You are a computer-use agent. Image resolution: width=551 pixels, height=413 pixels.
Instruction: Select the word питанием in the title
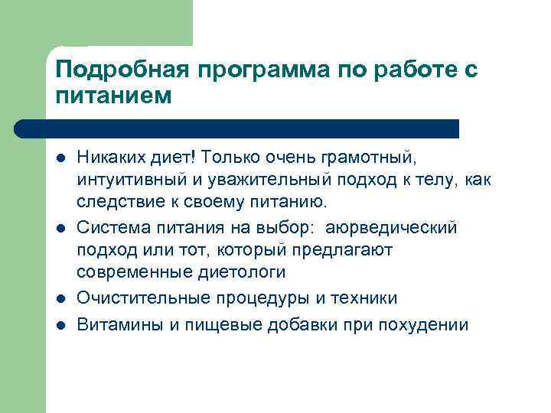[115, 96]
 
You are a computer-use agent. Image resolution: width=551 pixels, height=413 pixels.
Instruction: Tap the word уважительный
[260, 180]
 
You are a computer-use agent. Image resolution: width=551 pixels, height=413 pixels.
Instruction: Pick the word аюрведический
[392, 227]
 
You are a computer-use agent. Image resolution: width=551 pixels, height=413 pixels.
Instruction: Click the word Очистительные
[135, 298]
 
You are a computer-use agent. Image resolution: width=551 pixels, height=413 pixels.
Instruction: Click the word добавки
[302, 324]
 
